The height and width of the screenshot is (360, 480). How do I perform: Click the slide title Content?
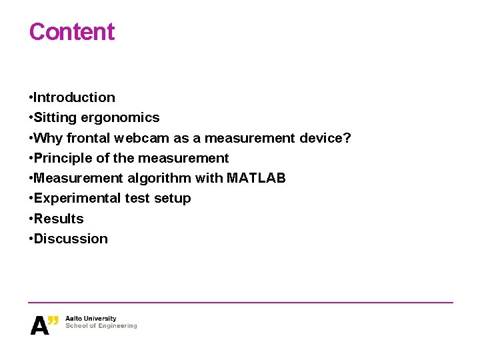tap(72, 32)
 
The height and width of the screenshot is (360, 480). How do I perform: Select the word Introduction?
tap(74, 97)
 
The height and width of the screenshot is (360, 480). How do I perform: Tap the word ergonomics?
tap(121, 118)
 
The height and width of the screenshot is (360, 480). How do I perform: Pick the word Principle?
tap(61, 158)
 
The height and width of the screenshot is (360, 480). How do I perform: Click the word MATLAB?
tap(256, 178)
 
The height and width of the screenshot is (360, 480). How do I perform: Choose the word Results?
tap(59, 219)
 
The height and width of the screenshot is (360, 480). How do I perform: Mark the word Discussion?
tap(71, 239)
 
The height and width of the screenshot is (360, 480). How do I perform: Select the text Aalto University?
tap(91, 319)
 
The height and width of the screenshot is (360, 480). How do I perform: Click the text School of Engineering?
tap(101, 326)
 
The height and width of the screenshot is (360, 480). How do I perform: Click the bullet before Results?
tap(31, 219)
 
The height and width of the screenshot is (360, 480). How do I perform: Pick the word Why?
tap(47, 138)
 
